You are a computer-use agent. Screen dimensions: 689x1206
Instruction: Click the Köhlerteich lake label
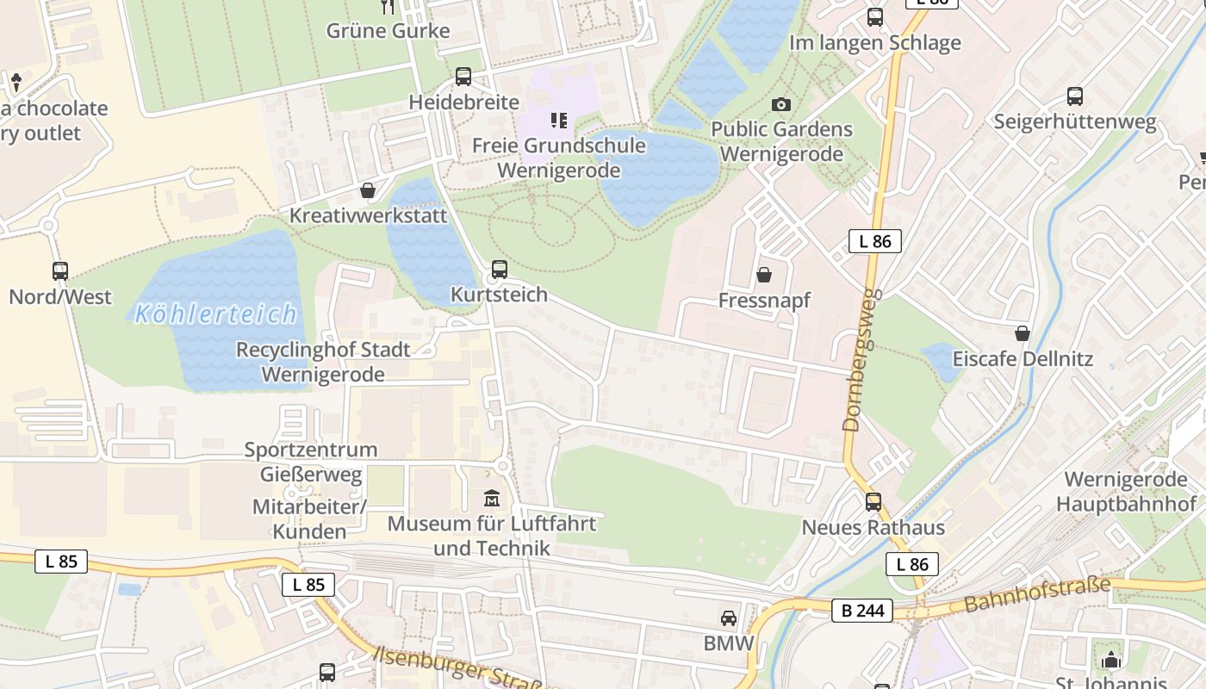click(x=216, y=313)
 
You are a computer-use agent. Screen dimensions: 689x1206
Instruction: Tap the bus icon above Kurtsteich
click(x=499, y=269)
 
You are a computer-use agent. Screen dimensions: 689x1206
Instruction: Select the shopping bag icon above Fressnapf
click(x=763, y=275)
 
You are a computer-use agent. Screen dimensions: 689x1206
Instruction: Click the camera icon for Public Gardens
click(x=781, y=104)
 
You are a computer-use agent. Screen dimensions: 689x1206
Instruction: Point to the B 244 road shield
click(x=861, y=611)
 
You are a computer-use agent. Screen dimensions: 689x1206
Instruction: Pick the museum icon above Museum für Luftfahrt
click(x=492, y=498)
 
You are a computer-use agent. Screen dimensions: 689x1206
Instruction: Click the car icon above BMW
click(x=729, y=618)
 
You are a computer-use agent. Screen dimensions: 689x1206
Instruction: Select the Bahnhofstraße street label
click(x=1037, y=595)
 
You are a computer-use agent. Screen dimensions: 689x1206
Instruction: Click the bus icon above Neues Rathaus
click(x=873, y=501)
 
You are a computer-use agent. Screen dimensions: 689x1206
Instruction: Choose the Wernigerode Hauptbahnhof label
click(x=1126, y=492)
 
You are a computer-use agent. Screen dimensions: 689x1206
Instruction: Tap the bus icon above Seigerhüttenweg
click(x=1074, y=96)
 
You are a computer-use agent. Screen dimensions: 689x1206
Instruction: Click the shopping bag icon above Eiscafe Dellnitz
click(x=1023, y=332)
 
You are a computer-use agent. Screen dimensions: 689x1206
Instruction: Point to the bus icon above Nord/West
click(x=60, y=271)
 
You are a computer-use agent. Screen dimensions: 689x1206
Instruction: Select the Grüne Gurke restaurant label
click(x=388, y=31)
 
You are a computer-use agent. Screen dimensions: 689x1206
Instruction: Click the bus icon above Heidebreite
click(x=463, y=77)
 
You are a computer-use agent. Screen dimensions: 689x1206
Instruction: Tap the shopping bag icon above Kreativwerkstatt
click(x=368, y=189)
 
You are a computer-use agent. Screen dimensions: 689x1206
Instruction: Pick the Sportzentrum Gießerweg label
click(x=311, y=462)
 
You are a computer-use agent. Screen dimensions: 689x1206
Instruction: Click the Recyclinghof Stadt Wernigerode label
click(x=323, y=363)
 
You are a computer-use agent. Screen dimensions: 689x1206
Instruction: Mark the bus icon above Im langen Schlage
click(x=875, y=16)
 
